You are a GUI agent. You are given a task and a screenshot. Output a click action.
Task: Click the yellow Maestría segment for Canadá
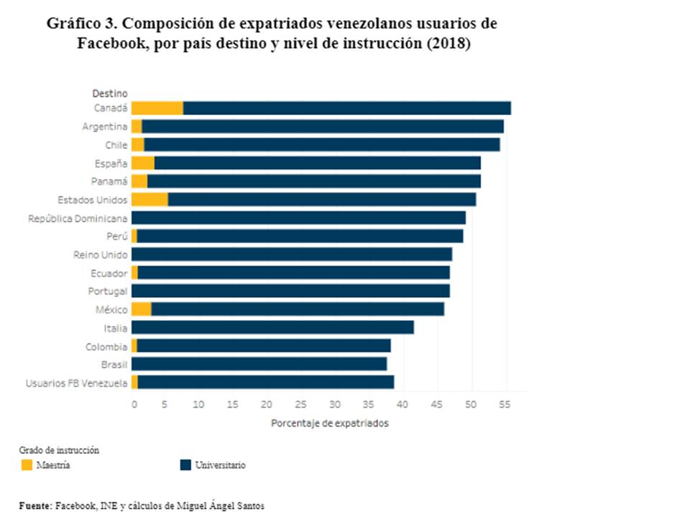click(x=157, y=108)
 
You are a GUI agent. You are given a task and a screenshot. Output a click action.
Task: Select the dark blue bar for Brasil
click(x=259, y=364)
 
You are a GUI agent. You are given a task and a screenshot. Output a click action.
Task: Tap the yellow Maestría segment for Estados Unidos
click(x=149, y=199)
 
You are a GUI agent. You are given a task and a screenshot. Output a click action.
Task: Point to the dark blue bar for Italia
click(x=272, y=327)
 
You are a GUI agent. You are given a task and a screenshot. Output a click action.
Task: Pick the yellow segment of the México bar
click(x=142, y=309)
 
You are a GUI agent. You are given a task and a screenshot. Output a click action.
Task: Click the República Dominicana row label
click(x=78, y=218)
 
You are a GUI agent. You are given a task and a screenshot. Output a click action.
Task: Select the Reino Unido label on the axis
click(x=101, y=255)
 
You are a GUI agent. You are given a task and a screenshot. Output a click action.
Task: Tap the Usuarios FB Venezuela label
click(x=76, y=383)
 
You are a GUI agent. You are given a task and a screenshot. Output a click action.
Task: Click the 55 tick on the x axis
click(x=506, y=404)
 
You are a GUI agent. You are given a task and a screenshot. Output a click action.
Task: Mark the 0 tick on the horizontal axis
click(x=134, y=404)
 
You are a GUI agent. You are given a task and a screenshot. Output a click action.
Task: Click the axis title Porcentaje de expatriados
click(x=329, y=423)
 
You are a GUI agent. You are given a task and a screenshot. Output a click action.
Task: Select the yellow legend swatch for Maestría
click(x=27, y=465)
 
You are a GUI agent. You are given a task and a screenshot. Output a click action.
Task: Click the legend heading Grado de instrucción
click(x=59, y=450)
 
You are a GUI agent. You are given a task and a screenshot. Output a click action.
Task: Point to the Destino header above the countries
click(x=110, y=93)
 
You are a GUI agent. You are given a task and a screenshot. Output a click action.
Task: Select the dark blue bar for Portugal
click(x=290, y=291)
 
